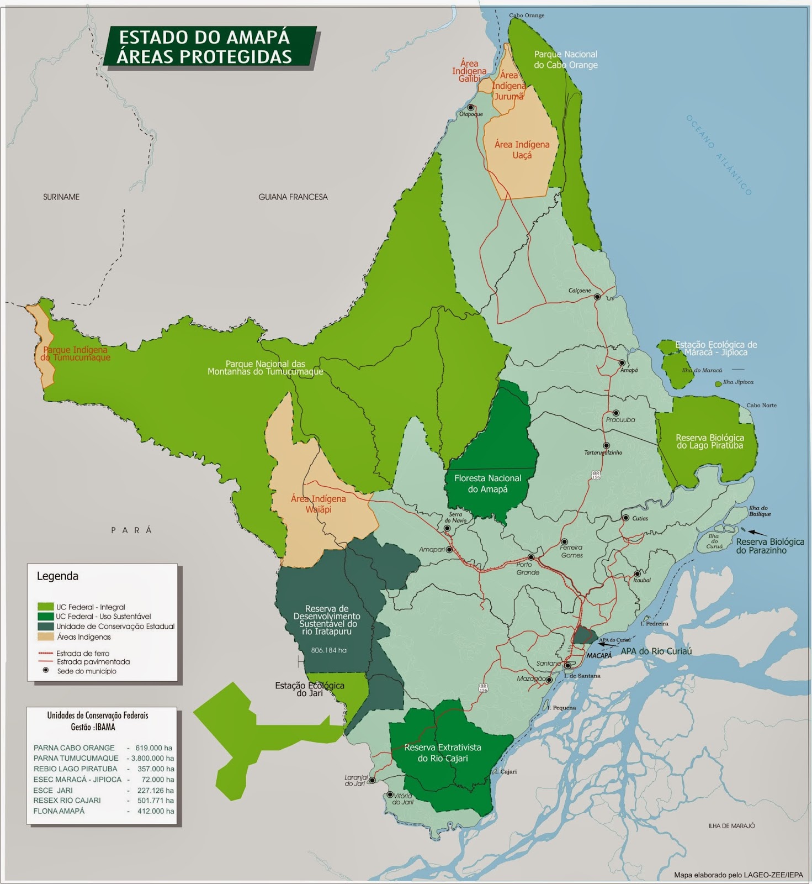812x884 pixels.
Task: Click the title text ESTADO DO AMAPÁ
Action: pyautogui.click(x=204, y=37)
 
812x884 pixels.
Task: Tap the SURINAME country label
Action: pyautogui.click(x=61, y=197)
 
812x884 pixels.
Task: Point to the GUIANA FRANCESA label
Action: pyautogui.click(x=293, y=197)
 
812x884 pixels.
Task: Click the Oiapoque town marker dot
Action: pyautogui.click(x=471, y=108)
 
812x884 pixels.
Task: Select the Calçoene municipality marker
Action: pyautogui.click(x=597, y=297)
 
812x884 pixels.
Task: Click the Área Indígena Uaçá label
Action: pyautogui.click(x=522, y=150)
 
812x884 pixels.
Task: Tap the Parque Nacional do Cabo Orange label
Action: pyautogui.click(x=565, y=60)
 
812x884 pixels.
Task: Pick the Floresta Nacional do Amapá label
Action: pyautogui.click(x=487, y=483)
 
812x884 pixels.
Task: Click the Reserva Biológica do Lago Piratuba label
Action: pyautogui.click(x=709, y=441)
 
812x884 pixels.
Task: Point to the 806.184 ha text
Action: pyautogui.click(x=328, y=650)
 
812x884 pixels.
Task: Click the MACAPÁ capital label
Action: pyautogui.click(x=599, y=655)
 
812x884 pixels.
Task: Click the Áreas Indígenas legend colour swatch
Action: pyautogui.click(x=46, y=637)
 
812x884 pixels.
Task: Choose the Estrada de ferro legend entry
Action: pyautogui.click(x=82, y=653)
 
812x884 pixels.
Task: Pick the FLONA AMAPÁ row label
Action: pyautogui.click(x=59, y=811)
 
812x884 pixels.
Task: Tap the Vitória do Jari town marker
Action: pyautogui.click(x=390, y=794)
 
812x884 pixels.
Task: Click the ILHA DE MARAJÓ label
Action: pyautogui.click(x=731, y=826)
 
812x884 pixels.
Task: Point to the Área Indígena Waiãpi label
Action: pyautogui.click(x=319, y=504)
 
